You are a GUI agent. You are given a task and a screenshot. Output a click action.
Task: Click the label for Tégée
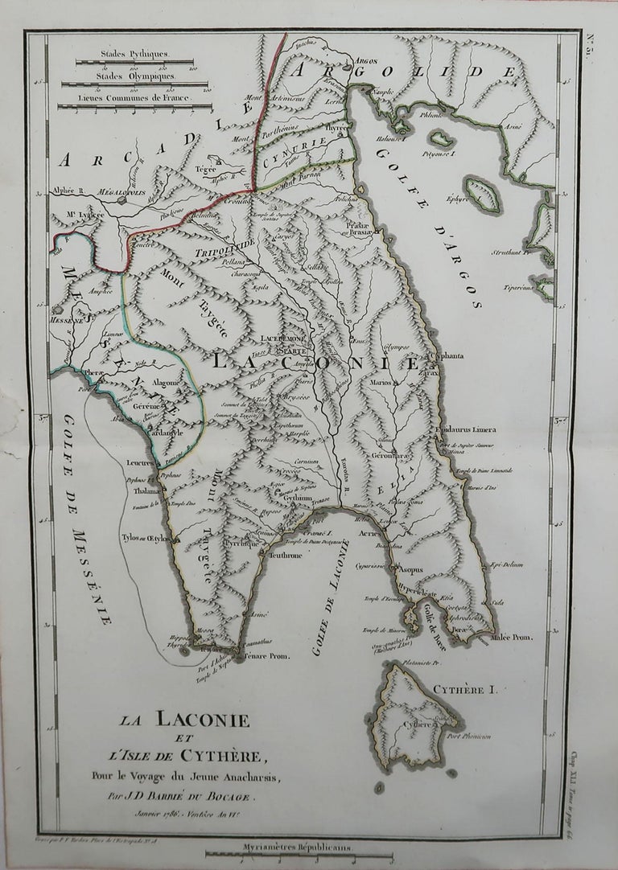(206, 169)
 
